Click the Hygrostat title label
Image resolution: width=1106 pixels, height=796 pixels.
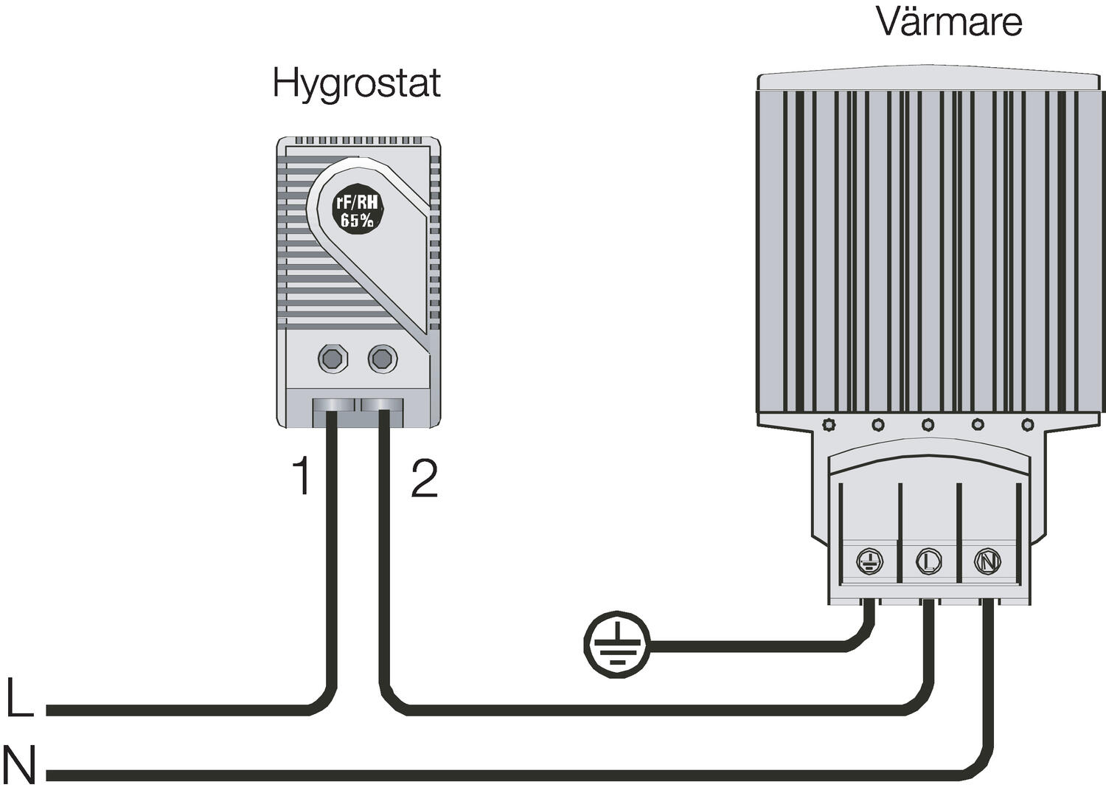click(x=356, y=83)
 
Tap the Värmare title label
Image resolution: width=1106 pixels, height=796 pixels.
click(x=949, y=21)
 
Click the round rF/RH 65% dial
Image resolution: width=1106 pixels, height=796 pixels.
click(x=358, y=210)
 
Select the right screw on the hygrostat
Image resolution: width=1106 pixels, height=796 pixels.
click(x=382, y=359)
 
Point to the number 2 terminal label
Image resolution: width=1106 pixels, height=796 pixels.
click(x=424, y=478)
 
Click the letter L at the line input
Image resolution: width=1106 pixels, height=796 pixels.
click(x=19, y=697)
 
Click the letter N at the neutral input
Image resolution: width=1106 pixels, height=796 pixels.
click(x=19, y=766)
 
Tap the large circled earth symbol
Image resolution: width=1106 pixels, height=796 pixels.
click(x=616, y=643)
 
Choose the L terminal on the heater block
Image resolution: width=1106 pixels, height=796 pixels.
click(x=928, y=562)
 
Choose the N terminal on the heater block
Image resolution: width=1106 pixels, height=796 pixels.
click(x=987, y=562)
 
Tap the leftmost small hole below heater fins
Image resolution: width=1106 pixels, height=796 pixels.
click(x=828, y=425)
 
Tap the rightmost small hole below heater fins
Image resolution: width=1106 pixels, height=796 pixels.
click(x=1028, y=425)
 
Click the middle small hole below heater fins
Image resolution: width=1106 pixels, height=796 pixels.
click(x=928, y=425)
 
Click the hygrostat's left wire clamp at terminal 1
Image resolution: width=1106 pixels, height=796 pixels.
click(x=332, y=406)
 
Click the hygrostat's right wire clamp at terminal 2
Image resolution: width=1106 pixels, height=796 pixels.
click(x=382, y=406)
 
